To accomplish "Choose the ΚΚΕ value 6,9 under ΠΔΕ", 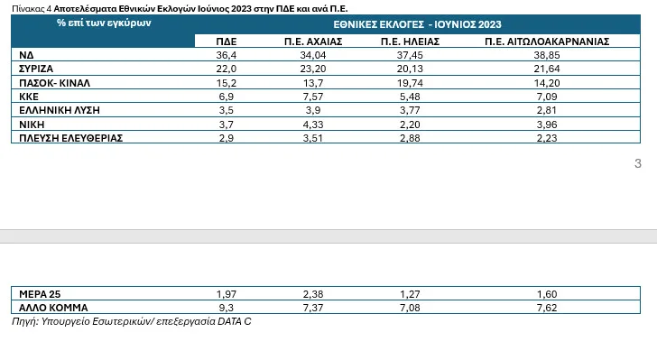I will click(x=227, y=96).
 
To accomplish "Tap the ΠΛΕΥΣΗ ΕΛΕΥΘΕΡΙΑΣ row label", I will click(x=70, y=137).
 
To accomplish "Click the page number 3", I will click(x=638, y=163).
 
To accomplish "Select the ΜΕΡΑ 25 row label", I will click(x=40, y=294).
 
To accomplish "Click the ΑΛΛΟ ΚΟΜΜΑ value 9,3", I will click(x=227, y=308).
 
